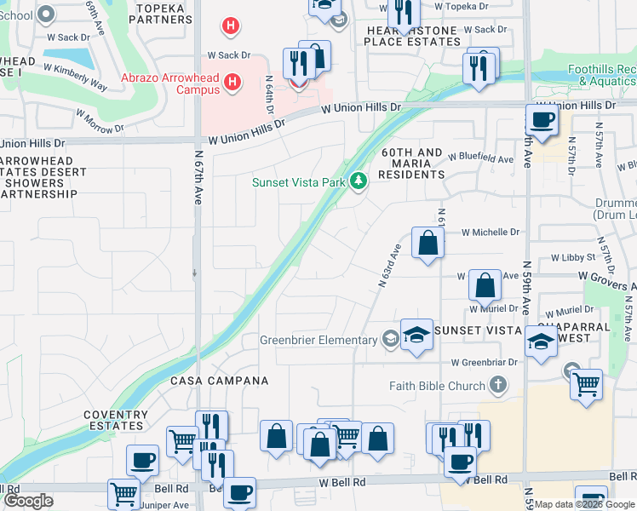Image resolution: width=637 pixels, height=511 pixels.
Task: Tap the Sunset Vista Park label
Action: point(299,182)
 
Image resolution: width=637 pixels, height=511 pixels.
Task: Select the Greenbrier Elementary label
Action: point(318,341)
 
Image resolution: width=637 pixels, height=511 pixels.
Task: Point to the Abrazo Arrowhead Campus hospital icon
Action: point(232,83)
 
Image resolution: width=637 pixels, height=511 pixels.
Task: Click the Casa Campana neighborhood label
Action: point(219,381)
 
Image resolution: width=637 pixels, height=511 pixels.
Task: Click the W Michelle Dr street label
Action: point(491,232)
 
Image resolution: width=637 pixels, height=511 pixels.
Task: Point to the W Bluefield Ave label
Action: point(481,159)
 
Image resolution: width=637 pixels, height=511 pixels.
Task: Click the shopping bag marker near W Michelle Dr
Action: point(428,242)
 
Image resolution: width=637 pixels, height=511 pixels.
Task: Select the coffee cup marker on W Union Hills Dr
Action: point(542,118)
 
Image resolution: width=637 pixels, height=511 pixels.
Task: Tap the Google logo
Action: point(28,501)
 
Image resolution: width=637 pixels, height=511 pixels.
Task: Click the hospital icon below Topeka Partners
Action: point(230,26)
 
